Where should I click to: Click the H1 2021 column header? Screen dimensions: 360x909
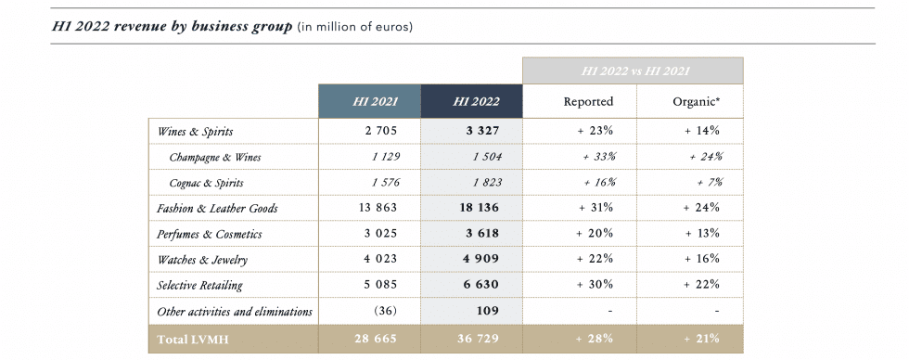[369, 101]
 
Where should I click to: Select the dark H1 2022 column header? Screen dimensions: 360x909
[471, 101]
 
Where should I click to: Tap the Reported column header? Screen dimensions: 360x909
[588, 101]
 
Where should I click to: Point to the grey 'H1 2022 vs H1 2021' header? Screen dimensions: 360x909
[633, 71]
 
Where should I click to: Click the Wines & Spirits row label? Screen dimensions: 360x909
[195, 132]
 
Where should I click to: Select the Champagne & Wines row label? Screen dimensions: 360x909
[215, 157]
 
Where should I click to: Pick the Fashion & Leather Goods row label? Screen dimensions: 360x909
[218, 209]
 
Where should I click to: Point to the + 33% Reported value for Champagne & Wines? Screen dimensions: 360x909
[599, 157]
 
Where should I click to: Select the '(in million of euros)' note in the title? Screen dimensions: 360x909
[354, 27]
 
